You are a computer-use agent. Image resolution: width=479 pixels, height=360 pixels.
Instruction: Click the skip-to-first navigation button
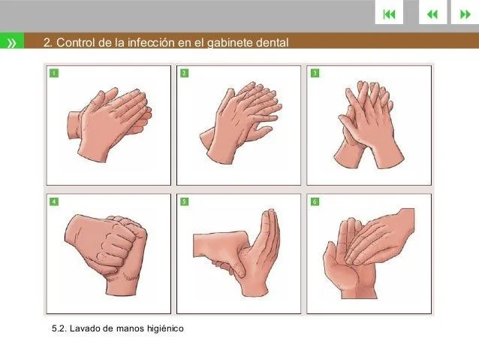point(388,14)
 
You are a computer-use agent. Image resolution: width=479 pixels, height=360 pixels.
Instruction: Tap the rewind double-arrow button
point(432,14)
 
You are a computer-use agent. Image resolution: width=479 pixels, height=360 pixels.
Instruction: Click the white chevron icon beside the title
point(13,43)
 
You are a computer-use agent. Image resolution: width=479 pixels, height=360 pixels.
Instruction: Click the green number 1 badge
point(54,73)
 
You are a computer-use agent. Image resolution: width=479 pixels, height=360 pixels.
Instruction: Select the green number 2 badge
point(185,73)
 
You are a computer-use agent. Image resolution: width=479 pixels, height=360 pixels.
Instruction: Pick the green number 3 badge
point(315,73)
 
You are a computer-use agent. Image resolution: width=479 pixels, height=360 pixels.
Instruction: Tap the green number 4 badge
point(54,202)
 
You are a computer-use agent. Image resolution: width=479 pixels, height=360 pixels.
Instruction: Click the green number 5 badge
point(185,202)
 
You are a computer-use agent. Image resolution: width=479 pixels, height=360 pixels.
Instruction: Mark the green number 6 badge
point(315,202)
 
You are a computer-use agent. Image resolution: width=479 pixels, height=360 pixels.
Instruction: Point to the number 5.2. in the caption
point(59,328)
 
